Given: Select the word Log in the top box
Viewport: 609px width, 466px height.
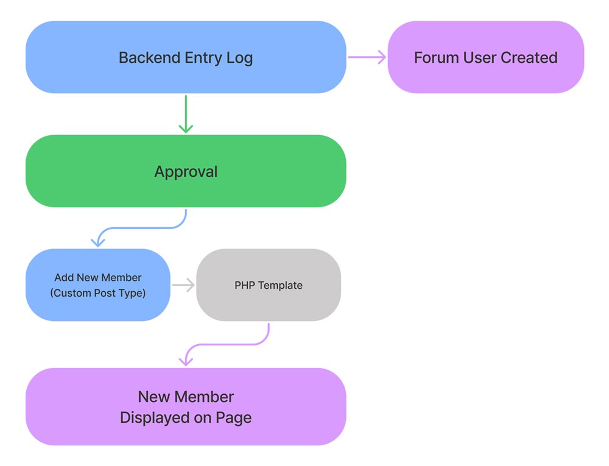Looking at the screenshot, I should pyautogui.click(x=239, y=58).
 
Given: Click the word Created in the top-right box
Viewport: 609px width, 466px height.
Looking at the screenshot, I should pyautogui.click(x=529, y=58).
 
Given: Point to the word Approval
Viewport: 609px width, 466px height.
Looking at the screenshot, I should pyautogui.click(x=186, y=172).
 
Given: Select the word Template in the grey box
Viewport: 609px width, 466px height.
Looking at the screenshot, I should pyautogui.click(x=280, y=285).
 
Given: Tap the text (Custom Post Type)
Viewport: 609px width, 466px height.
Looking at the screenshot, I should pyautogui.click(x=97, y=293).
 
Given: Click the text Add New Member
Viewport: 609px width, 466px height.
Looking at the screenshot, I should pyautogui.click(x=97, y=278).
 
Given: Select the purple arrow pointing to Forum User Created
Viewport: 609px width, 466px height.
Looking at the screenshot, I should pyautogui.click(x=367, y=57).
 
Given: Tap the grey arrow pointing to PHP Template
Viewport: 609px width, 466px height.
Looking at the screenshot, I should pyautogui.click(x=183, y=284).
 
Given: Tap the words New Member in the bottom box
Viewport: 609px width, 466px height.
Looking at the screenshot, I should pyautogui.click(x=186, y=397).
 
